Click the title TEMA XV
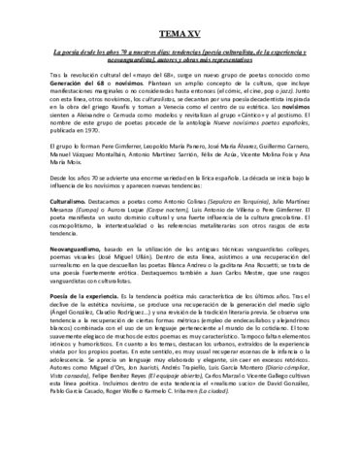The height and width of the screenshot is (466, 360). coord(179,34)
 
